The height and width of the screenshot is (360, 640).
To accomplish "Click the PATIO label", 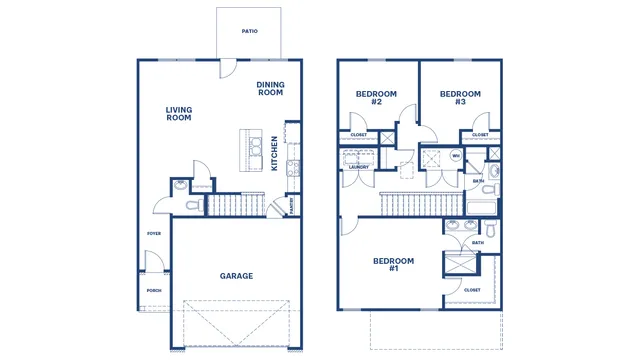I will [x=250, y=31].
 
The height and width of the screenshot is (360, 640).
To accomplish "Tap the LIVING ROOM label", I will [x=179, y=114].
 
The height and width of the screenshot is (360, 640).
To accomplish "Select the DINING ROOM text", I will [x=270, y=88].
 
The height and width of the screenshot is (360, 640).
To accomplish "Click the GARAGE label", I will [x=236, y=276].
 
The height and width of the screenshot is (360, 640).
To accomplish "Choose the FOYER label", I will [x=154, y=233].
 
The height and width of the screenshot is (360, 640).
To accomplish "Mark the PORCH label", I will [x=154, y=291].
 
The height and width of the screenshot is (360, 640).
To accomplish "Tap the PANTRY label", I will [x=291, y=205].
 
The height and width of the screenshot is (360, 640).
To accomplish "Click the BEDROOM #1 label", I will [x=393, y=265].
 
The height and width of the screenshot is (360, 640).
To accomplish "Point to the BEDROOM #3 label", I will [x=460, y=98].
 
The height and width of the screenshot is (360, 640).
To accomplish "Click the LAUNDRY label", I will [x=358, y=167].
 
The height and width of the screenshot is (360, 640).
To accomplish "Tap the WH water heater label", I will [x=456, y=156].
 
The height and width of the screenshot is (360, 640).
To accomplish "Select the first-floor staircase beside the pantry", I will [x=238, y=205].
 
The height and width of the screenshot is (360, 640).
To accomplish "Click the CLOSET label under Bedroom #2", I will [x=358, y=134].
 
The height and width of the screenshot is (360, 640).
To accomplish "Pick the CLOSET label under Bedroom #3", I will [x=480, y=134].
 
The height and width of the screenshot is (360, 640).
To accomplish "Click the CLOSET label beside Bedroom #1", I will [x=472, y=290].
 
